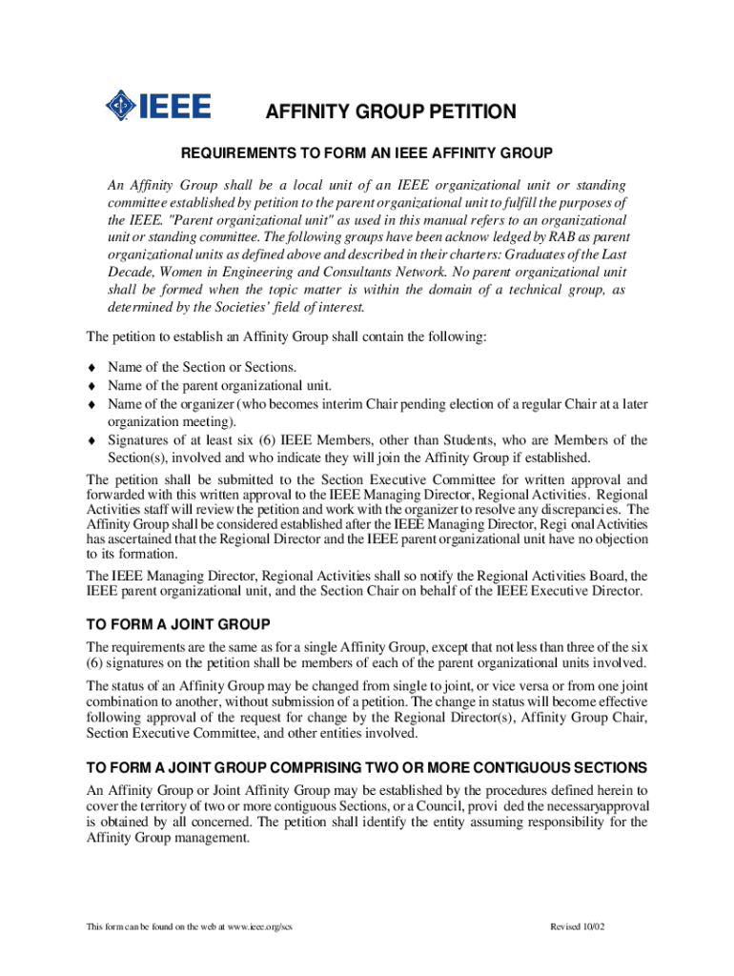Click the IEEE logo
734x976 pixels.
pos(157,106)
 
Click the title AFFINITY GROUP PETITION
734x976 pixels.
pos(390,112)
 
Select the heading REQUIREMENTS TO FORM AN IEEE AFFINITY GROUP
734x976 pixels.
pos(367,152)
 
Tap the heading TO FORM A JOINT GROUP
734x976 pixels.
pos(178,624)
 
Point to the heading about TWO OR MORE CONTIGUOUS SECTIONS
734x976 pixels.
pos(367,768)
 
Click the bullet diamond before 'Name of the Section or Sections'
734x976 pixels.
pos(92,367)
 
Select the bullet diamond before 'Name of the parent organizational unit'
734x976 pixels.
pos(92,386)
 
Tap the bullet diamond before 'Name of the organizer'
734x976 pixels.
pos(92,404)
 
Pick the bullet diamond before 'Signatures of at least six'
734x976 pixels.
pos(92,440)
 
